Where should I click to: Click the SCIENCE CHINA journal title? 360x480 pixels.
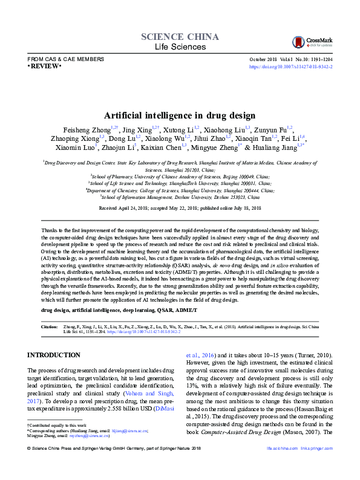click(180, 37)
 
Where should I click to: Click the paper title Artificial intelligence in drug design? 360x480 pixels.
click(180, 115)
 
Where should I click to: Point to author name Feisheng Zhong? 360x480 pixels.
click(86, 129)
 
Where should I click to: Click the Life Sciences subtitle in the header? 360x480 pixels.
click(180, 47)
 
